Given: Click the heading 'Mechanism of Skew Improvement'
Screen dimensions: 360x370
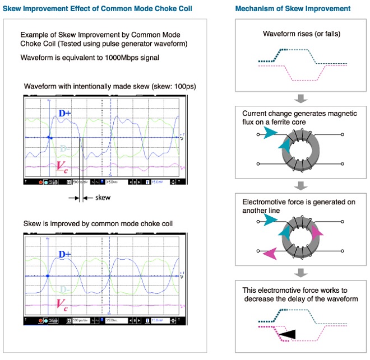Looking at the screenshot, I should point(293,9).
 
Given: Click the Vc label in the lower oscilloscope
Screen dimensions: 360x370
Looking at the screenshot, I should point(63,305).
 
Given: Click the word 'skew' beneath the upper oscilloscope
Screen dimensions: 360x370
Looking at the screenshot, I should point(103,198).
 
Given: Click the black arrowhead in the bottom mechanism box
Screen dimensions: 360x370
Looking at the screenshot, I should point(286,334).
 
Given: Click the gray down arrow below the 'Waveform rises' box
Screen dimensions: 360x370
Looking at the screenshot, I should point(301,99).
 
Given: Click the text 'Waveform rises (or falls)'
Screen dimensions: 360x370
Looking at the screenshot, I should point(301,34).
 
